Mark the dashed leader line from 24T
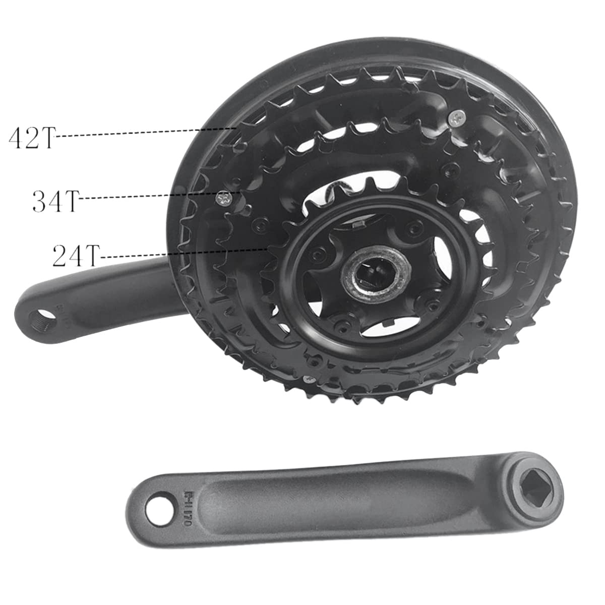181,253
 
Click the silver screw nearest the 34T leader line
223,199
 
